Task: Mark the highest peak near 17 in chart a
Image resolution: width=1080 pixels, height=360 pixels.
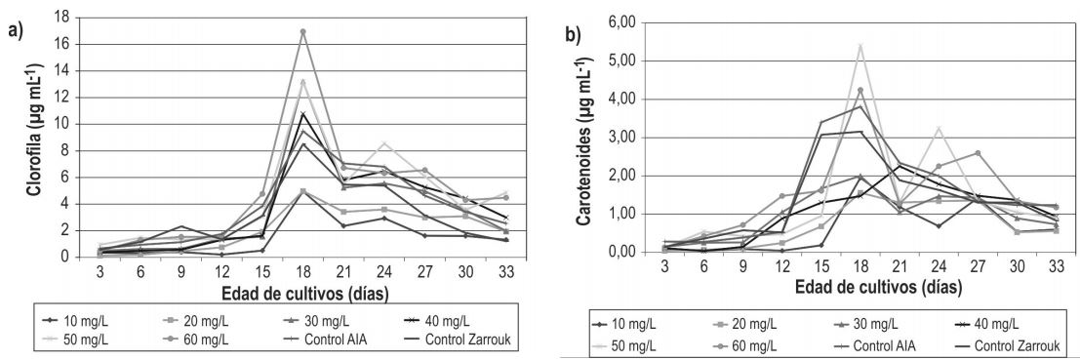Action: tap(303, 31)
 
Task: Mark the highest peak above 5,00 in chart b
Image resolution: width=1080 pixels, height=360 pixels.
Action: tap(860, 45)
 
